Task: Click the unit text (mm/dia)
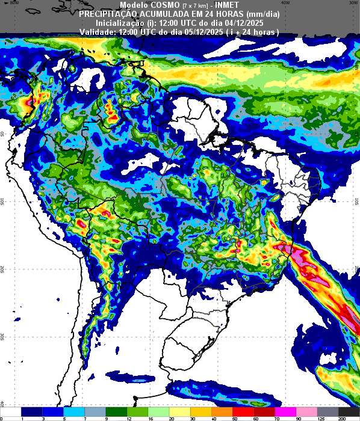pyautogui.click(x=263, y=13)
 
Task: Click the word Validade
pyautogui.click(x=98, y=31)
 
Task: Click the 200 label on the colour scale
pyautogui.click(x=341, y=418)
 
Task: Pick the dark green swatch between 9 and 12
pyautogui.click(x=117, y=411)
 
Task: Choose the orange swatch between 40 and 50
pyautogui.click(x=223, y=411)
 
